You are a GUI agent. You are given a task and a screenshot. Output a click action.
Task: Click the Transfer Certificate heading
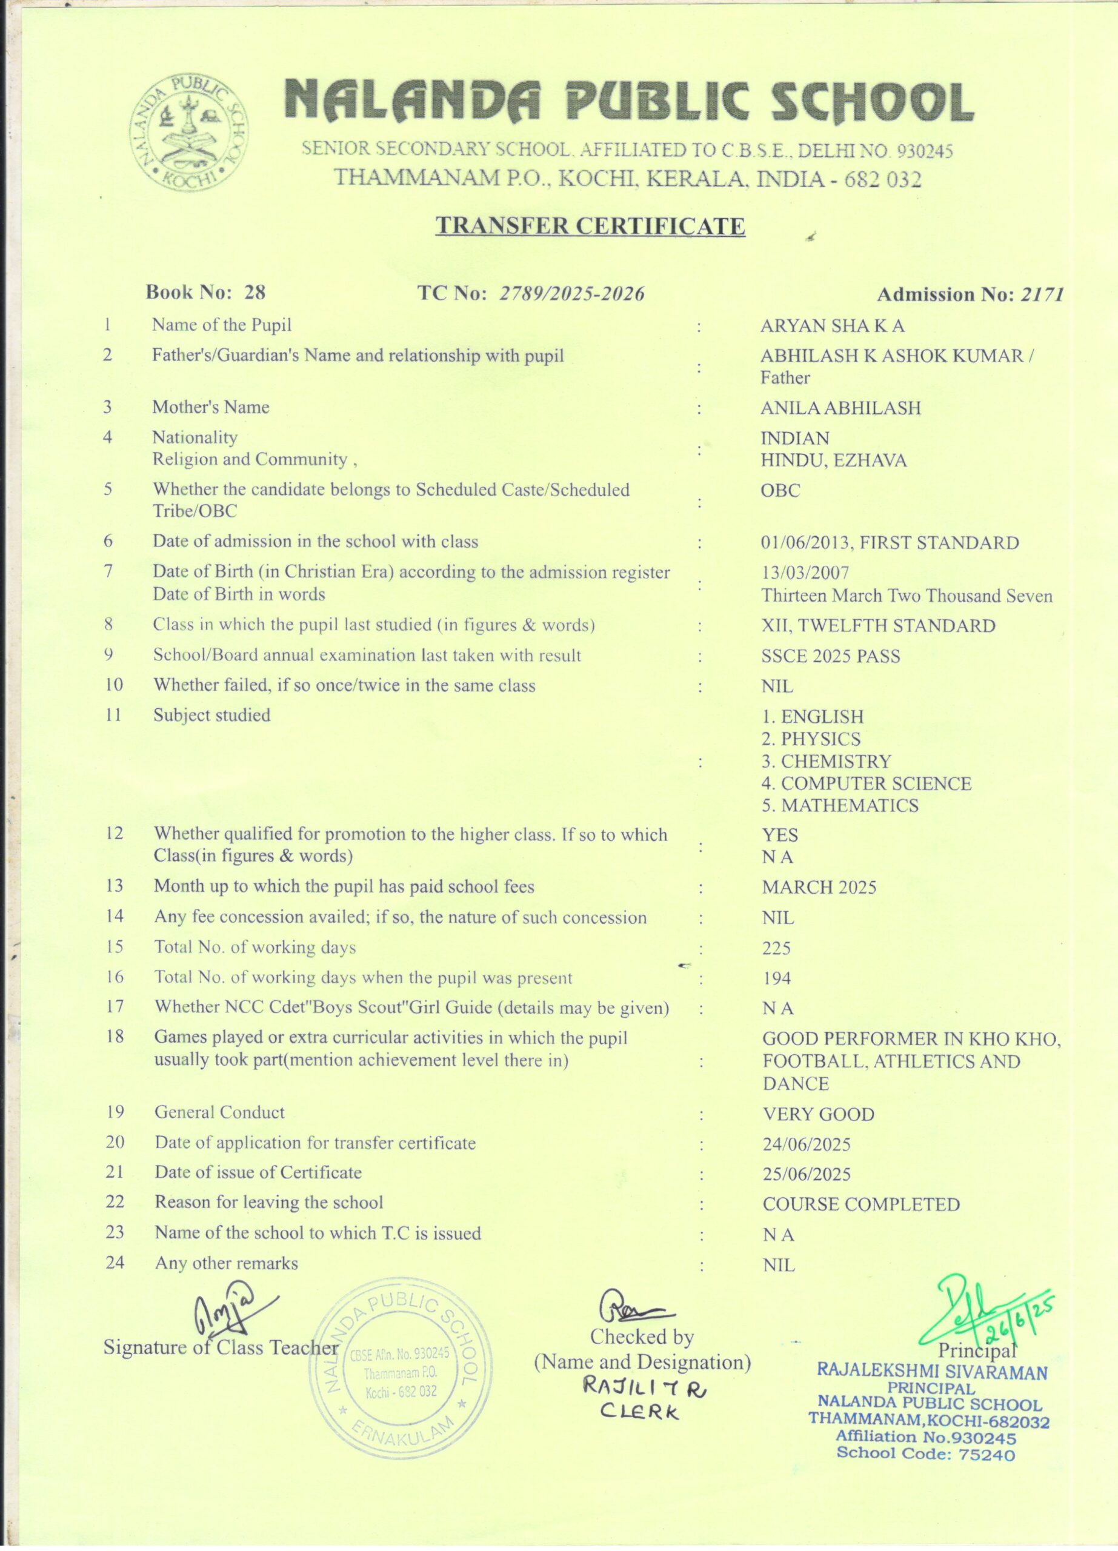point(590,225)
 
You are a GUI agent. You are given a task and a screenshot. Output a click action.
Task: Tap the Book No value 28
point(255,292)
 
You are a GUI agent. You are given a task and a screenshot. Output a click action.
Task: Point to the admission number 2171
point(1042,294)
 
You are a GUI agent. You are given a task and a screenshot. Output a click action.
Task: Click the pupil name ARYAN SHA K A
point(832,326)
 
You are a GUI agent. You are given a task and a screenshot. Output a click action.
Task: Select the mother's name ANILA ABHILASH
point(840,408)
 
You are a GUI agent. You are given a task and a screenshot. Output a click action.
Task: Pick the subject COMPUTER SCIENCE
point(867,784)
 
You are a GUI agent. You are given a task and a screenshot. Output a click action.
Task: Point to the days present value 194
point(777,978)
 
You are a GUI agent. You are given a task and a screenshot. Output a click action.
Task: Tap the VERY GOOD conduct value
point(819,1115)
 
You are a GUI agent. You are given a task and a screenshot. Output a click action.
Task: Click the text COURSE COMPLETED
point(861,1205)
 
